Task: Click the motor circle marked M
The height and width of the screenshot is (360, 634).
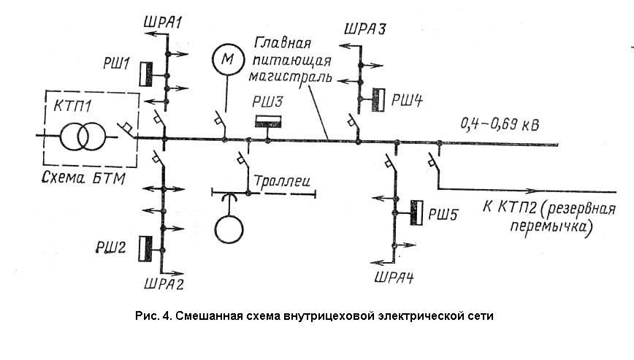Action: pyautogui.click(x=229, y=59)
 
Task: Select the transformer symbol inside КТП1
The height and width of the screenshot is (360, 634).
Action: pyautogui.click(x=83, y=137)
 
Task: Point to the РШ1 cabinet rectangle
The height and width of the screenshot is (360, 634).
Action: pyautogui.click(x=146, y=74)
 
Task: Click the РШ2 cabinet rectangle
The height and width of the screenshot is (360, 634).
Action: pyautogui.click(x=145, y=249)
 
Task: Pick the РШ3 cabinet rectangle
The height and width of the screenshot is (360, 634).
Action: pyautogui.click(x=268, y=122)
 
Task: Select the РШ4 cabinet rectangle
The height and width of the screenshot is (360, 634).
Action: pyautogui.click(x=378, y=99)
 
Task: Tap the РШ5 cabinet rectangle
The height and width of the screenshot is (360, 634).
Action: pyautogui.click(x=416, y=212)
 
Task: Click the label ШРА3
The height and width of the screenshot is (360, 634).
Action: pyautogui.click(x=365, y=28)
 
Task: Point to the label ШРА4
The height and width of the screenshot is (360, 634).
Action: pyautogui.click(x=394, y=277)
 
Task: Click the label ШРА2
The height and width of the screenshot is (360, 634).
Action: pyautogui.click(x=164, y=283)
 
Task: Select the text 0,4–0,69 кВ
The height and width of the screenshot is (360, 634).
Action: pyautogui.click(x=500, y=124)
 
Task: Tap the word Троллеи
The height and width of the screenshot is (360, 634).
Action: pyautogui.click(x=282, y=180)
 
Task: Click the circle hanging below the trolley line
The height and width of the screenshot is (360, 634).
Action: pyautogui.click(x=229, y=229)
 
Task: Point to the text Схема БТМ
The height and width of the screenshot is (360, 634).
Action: pyautogui.click(x=84, y=177)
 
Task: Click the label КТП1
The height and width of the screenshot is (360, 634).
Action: pyautogui.click(x=73, y=107)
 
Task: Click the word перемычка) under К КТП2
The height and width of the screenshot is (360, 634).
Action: pyautogui.click(x=551, y=226)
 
